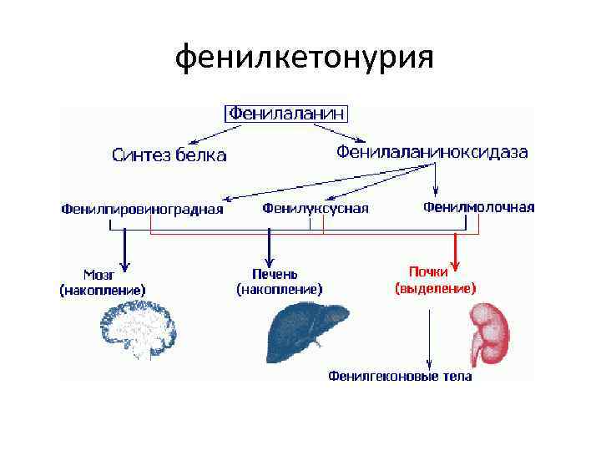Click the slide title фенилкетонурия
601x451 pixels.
coord(305,58)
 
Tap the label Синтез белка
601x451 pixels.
coord(169,155)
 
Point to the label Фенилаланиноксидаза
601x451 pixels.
coord(432,152)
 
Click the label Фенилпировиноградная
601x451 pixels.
coord(142,209)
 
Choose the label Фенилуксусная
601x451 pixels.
coord(315,209)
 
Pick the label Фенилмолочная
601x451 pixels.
coord(478,206)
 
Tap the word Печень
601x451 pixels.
coord(275,274)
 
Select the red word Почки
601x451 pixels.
coord(429,271)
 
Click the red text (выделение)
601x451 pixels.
coord(435,288)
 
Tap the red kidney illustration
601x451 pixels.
coord(490,332)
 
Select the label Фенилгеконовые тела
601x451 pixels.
coord(400,376)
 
